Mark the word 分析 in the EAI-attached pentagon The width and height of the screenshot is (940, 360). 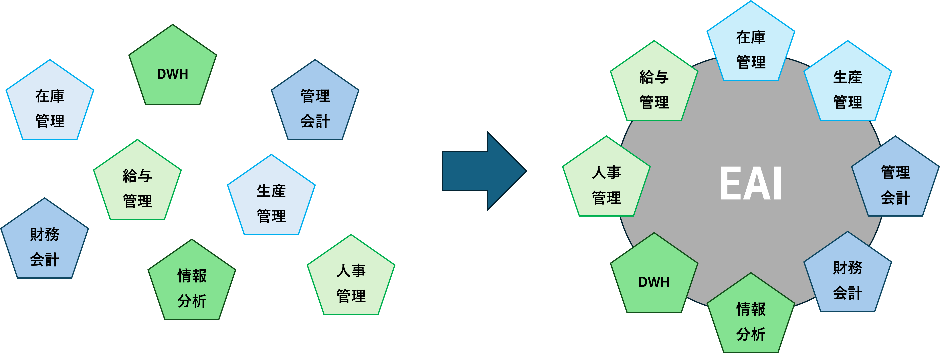(x=751, y=334)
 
